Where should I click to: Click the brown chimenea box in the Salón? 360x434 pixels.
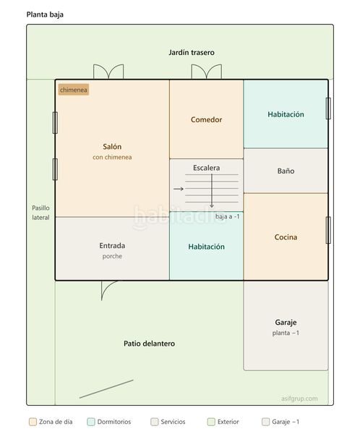click(74, 90)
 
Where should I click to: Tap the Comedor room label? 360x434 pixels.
click(207, 119)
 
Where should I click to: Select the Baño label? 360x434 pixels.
click(286, 171)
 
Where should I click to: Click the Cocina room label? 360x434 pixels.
click(286, 237)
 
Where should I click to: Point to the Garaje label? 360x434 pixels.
click(286, 323)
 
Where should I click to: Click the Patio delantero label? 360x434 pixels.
click(149, 344)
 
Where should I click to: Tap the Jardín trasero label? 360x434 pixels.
click(192, 52)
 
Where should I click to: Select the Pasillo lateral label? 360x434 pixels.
click(40, 213)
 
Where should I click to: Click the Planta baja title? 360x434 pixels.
click(45, 14)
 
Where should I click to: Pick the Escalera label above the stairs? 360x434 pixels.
click(207, 168)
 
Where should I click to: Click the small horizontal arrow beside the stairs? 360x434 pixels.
click(179, 189)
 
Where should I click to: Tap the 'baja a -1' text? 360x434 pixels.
click(228, 216)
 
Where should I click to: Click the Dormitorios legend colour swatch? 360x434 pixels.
click(91, 422)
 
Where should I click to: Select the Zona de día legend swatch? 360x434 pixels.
click(33, 422)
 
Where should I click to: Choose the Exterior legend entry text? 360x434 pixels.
click(228, 422)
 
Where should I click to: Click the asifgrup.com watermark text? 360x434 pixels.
click(299, 399)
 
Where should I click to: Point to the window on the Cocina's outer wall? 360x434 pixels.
click(328, 230)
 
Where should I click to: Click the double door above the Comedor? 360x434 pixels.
click(207, 72)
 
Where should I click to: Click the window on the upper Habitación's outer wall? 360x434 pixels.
click(328, 109)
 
